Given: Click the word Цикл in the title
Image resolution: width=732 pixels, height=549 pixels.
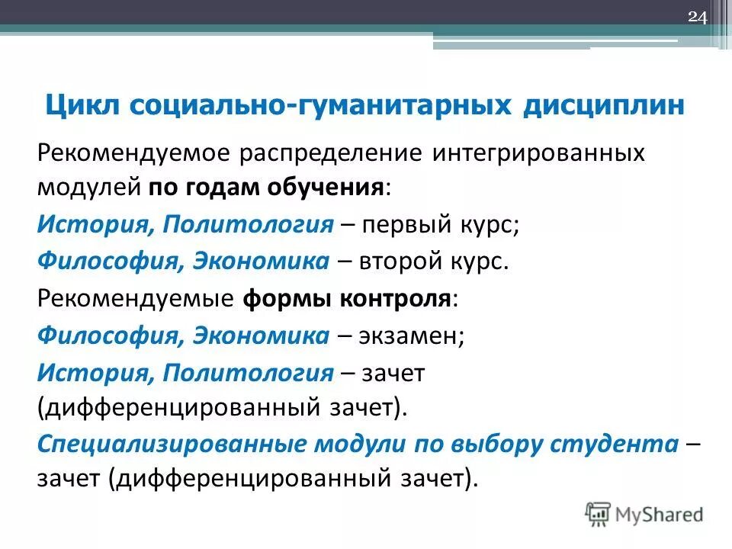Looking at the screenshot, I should [80, 105].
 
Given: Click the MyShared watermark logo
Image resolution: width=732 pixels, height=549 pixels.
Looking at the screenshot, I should [644, 514].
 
